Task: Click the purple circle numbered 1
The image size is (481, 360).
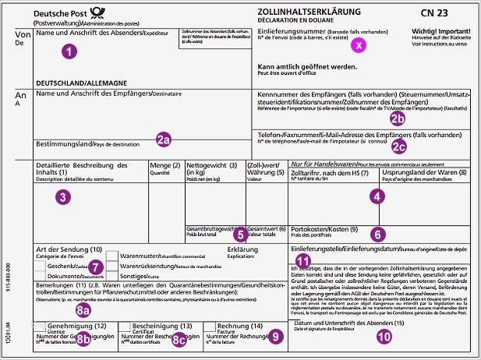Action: pyautogui.click(x=70, y=51)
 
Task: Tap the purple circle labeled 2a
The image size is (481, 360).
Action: pyautogui.click(x=163, y=140)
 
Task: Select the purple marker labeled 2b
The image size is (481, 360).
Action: pyautogui.click(x=398, y=118)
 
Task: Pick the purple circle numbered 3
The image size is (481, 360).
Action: pyautogui.click(x=62, y=196)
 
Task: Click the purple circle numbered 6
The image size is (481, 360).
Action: pyautogui.click(x=377, y=232)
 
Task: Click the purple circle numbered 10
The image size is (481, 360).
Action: pyautogui.click(x=382, y=337)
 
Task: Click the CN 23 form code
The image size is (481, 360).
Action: pyautogui.click(x=440, y=12)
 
